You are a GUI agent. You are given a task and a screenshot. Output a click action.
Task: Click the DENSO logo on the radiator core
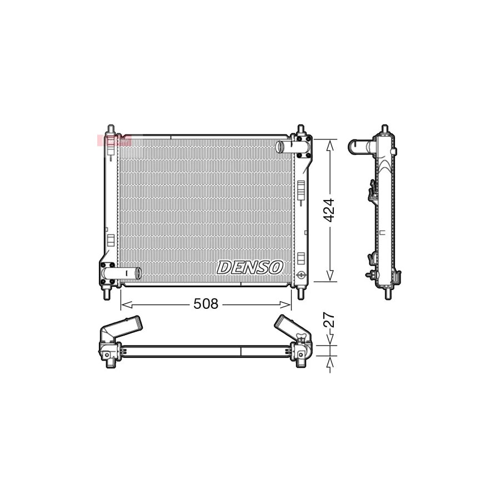click(250, 267)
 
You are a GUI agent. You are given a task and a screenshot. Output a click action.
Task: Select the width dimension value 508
click(206, 304)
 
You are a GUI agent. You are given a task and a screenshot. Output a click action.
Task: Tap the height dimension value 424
click(329, 210)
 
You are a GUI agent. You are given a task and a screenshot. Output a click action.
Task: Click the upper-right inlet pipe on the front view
click(286, 147)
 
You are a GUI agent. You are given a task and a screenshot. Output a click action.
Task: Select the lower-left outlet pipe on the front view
click(129, 273)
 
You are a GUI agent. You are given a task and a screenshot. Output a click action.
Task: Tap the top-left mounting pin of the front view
click(111, 129)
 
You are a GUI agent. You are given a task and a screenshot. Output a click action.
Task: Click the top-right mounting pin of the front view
click(301, 129)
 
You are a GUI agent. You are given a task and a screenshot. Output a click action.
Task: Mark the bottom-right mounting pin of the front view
click(301, 293)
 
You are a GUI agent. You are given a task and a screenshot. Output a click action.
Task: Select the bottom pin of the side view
click(388, 293)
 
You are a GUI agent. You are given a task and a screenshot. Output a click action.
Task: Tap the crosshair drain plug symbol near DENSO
click(301, 274)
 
